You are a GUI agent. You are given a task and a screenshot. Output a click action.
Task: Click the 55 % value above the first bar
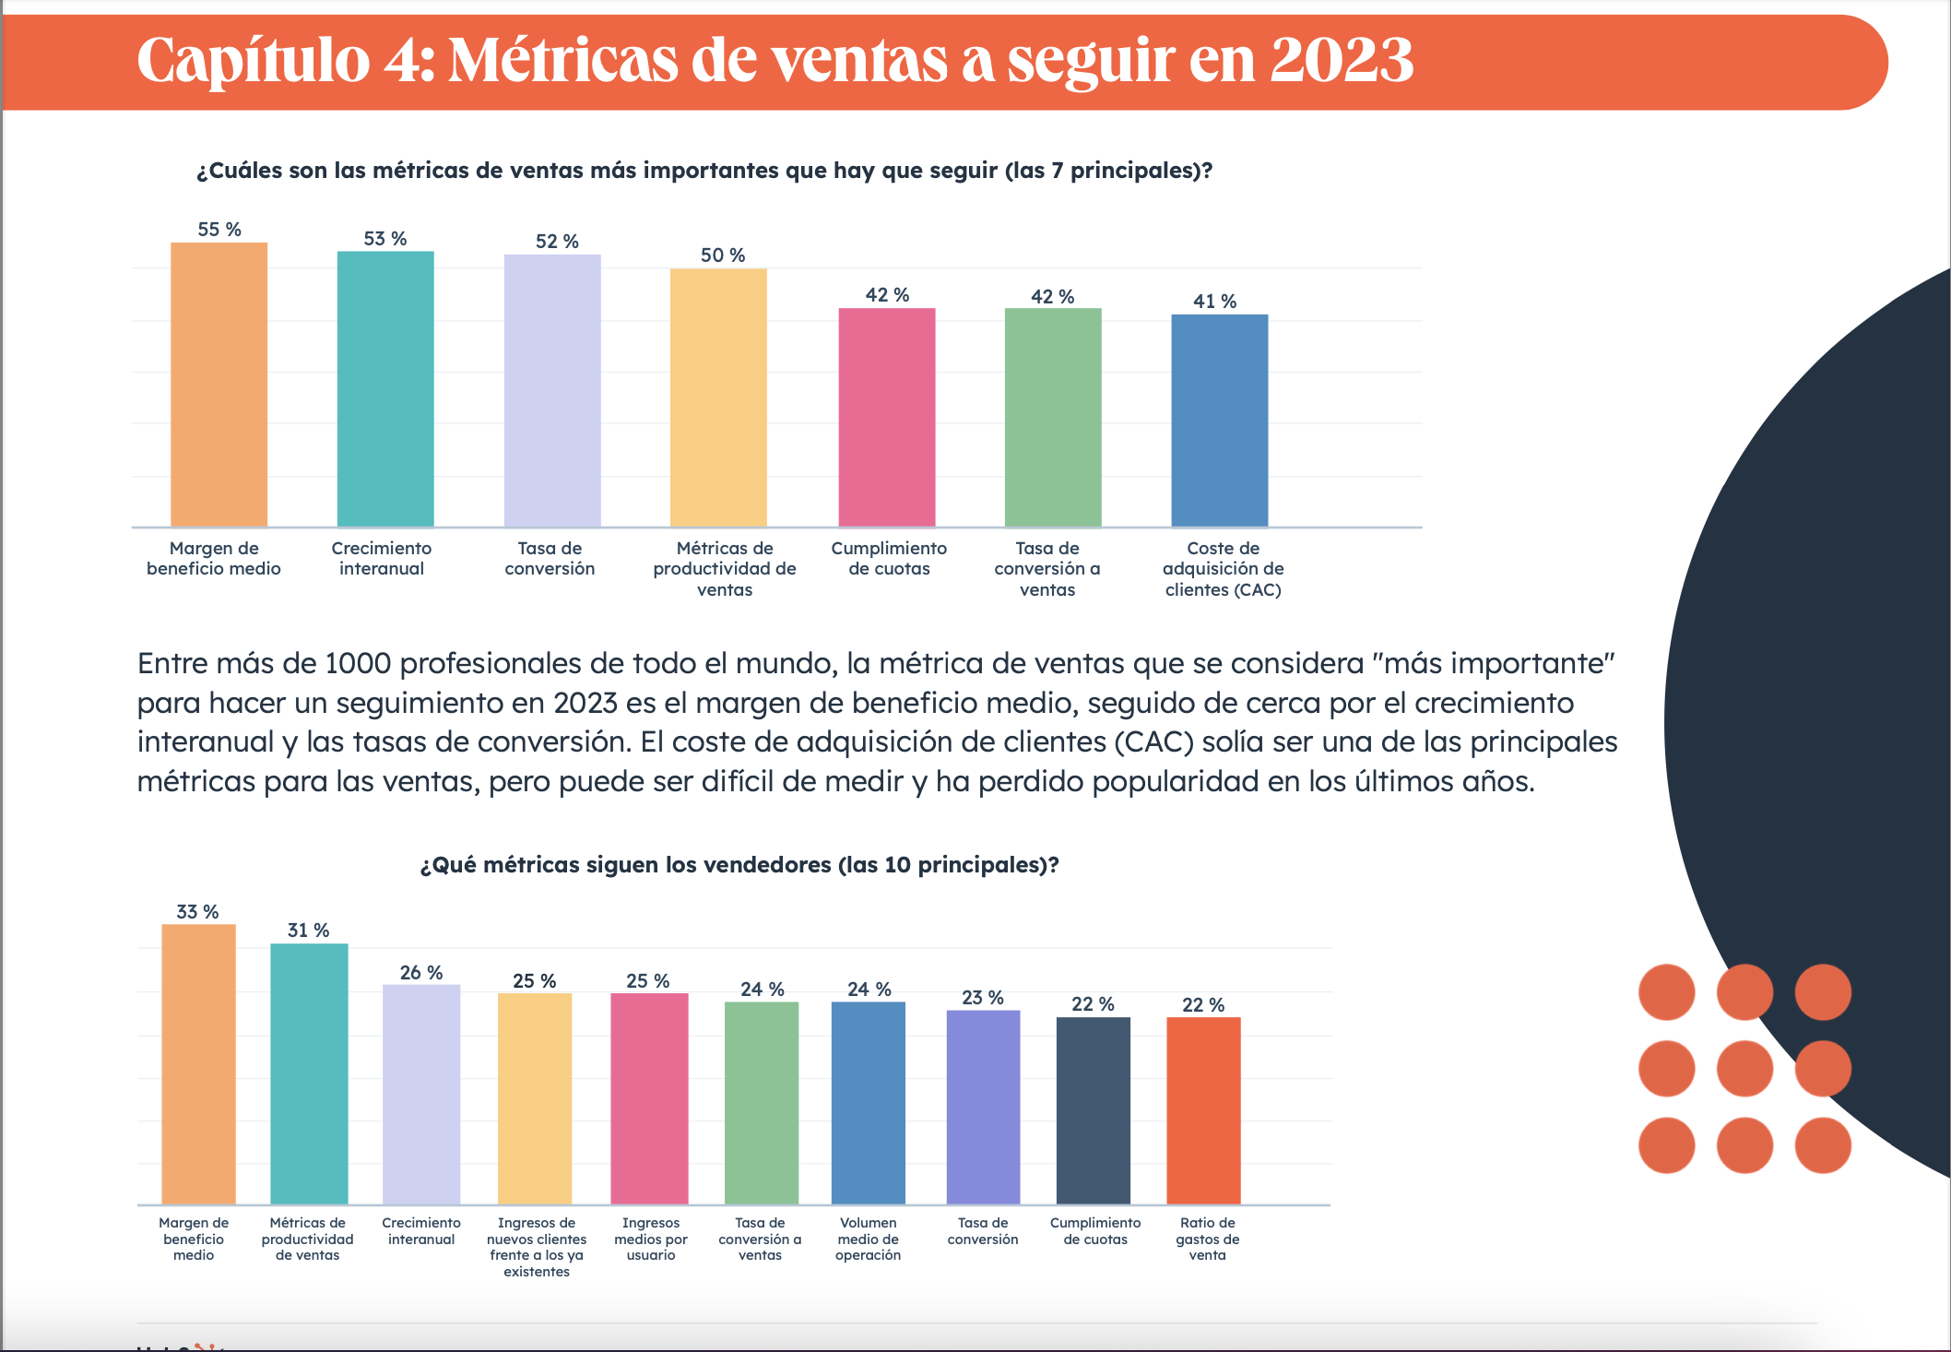click(x=219, y=229)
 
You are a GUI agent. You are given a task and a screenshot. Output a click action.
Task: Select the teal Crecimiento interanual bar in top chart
click(x=385, y=387)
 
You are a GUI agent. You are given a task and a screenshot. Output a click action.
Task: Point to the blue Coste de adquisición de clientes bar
click(x=1219, y=420)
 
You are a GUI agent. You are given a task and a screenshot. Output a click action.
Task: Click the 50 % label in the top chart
click(x=722, y=255)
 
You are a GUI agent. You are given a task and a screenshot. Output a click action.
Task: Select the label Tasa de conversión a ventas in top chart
click(x=1047, y=569)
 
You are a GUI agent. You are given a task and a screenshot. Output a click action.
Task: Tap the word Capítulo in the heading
click(x=254, y=61)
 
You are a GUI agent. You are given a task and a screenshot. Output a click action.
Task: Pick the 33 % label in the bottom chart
click(x=197, y=911)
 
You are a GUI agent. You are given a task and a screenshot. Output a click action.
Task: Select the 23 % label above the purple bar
click(x=983, y=997)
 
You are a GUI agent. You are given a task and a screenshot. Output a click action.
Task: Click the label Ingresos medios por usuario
click(x=651, y=1239)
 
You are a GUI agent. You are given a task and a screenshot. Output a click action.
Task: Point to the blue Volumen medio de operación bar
click(x=869, y=1102)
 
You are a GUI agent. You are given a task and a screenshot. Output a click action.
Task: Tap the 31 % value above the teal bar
click(x=308, y=930)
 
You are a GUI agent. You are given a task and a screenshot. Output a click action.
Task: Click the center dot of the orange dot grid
click(x=1744, y=1069)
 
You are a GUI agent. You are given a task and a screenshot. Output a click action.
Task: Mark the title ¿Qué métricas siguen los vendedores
click(x=739, y=865)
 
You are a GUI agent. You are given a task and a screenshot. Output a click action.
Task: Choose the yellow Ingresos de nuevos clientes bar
click(x=535, y=1097)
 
